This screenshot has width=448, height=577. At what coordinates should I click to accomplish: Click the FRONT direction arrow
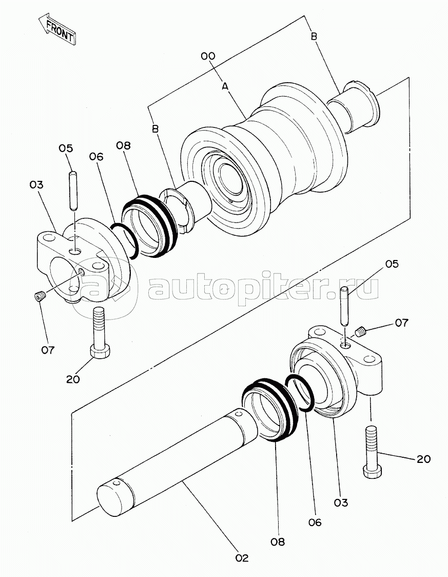pyautogui.click(x=57, y=30)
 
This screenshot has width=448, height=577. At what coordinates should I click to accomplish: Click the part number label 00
pyautogui.click(x=208, y=56)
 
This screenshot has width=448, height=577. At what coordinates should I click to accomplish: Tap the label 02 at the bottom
pyautogui.click(x=242, y=557)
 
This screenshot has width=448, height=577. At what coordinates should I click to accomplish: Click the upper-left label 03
pyautogui.click(x=36, y=184)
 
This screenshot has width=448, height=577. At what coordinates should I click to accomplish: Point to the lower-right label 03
pyautogui.click(x=341, y=502)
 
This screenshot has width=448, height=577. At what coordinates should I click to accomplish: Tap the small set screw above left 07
pyautogui.click(x=38, y=296)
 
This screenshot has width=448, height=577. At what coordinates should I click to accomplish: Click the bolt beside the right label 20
pyautogui.click(x=372, y=452)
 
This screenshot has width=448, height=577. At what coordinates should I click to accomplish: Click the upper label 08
pyautogui.click(x=123, y=145)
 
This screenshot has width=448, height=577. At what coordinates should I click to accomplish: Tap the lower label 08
pyautogui.click(x=278, y=542)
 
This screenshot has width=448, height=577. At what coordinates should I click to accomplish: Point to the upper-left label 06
pyautogui.click(x=96, y=156)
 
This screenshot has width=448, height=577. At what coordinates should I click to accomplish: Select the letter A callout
pyautogui.click(x=224, y=87)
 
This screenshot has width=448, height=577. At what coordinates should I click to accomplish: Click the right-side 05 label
pyautogui.click(x=392, y=264)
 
